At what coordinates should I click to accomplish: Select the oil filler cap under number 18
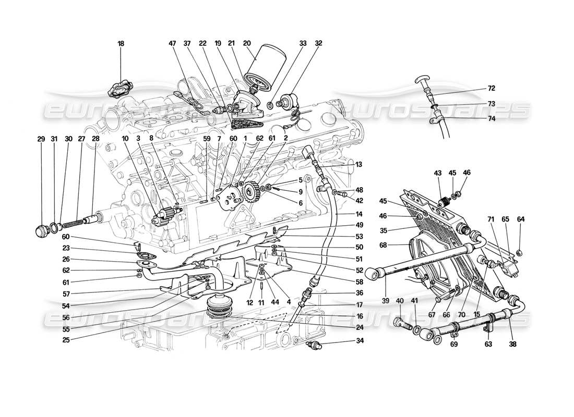click(121, 89)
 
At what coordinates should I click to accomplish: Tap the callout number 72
click(491, 89)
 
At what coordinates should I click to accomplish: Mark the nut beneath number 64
click(519, 253)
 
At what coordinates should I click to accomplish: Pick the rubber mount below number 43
click(445, 203)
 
